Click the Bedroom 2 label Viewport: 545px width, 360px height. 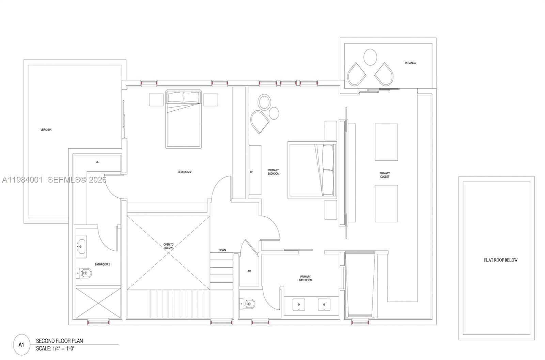184,172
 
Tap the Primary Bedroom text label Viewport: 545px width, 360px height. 274,172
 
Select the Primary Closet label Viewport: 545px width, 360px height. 385,175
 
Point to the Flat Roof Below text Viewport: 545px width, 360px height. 500,260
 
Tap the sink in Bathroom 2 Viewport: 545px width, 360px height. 81,245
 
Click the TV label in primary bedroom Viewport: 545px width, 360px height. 251,172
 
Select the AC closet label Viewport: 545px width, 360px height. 249,271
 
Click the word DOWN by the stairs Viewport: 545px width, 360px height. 222,250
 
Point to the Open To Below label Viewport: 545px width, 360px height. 168,246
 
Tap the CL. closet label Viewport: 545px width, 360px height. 97,162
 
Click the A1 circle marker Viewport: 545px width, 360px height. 21,344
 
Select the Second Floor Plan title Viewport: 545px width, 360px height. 59,341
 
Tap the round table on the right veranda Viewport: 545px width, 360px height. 370,57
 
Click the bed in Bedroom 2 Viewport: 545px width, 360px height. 183,119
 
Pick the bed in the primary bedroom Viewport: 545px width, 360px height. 312,170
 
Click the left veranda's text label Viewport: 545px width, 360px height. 46,130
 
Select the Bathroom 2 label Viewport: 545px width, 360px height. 102,264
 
